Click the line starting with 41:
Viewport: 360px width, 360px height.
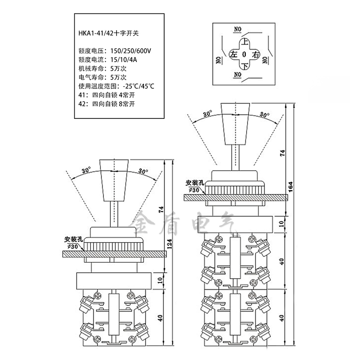106,95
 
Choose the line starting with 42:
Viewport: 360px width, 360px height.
106,104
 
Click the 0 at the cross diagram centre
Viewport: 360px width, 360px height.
244,54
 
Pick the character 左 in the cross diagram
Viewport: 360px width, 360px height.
233,54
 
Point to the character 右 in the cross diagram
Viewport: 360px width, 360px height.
256,54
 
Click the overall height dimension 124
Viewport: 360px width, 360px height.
171,242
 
